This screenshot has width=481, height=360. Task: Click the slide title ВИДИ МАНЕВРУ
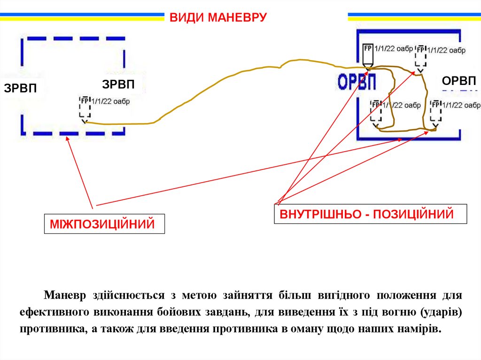[218, 18]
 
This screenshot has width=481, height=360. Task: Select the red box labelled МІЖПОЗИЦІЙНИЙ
[104, 224]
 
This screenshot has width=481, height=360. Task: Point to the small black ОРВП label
[459, 81]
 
